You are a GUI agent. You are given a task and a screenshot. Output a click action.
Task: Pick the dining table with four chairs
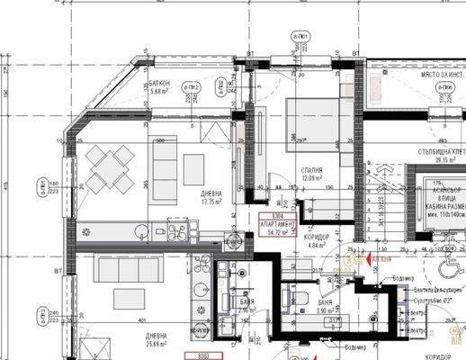click(x=110, y=169)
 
